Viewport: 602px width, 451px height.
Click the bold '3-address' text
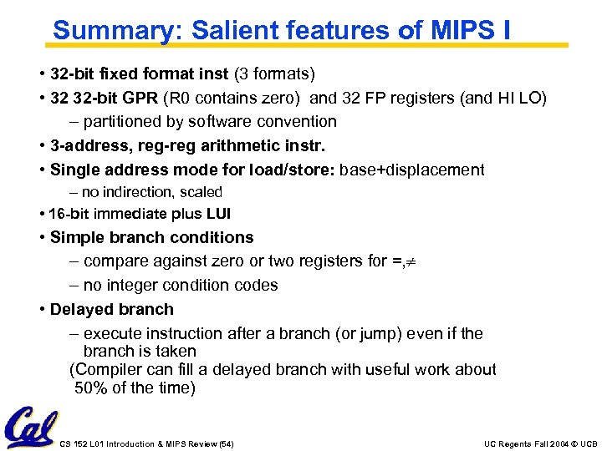(x=88, y=146)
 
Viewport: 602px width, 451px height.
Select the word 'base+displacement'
(x=412, y=170)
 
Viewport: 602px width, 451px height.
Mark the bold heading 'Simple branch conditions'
(x=152, y=237)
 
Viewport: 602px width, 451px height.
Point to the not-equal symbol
(x=411, y=261)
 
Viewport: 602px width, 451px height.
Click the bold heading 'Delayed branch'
(x=112, y=310)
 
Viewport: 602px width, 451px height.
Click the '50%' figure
(x=90, y=388)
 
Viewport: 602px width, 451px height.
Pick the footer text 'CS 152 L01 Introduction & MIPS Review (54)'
(x=148, y=443)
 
